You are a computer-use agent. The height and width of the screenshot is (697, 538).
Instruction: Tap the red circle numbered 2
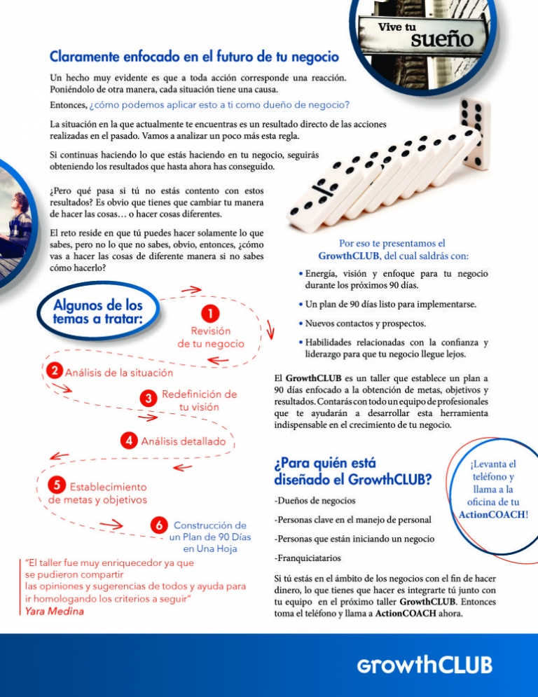click(x=54, y=371)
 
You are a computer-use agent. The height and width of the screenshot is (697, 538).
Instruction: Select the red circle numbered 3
click(x=148, y=399)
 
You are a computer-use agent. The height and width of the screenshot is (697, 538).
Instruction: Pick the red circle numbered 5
click(x=57, y=485)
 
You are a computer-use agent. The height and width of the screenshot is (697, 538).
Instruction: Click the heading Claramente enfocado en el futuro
click(x=194, y=55)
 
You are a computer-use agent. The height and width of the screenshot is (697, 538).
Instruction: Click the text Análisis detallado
click(x=184, y=442)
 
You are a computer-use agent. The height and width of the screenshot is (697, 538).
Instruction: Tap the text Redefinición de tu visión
click(x=199, y=400)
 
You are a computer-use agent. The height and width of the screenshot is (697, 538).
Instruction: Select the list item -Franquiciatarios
click(x=308, y=559)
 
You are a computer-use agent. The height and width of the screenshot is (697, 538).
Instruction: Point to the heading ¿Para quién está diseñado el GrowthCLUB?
click(x=352, y=471)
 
